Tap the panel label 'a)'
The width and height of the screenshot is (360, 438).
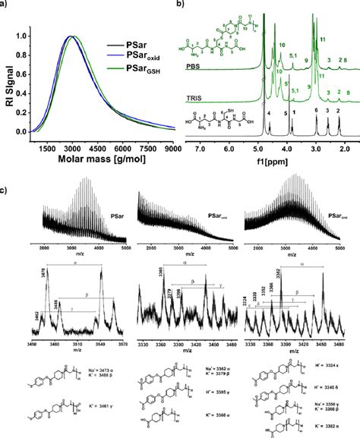click(6, 5)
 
